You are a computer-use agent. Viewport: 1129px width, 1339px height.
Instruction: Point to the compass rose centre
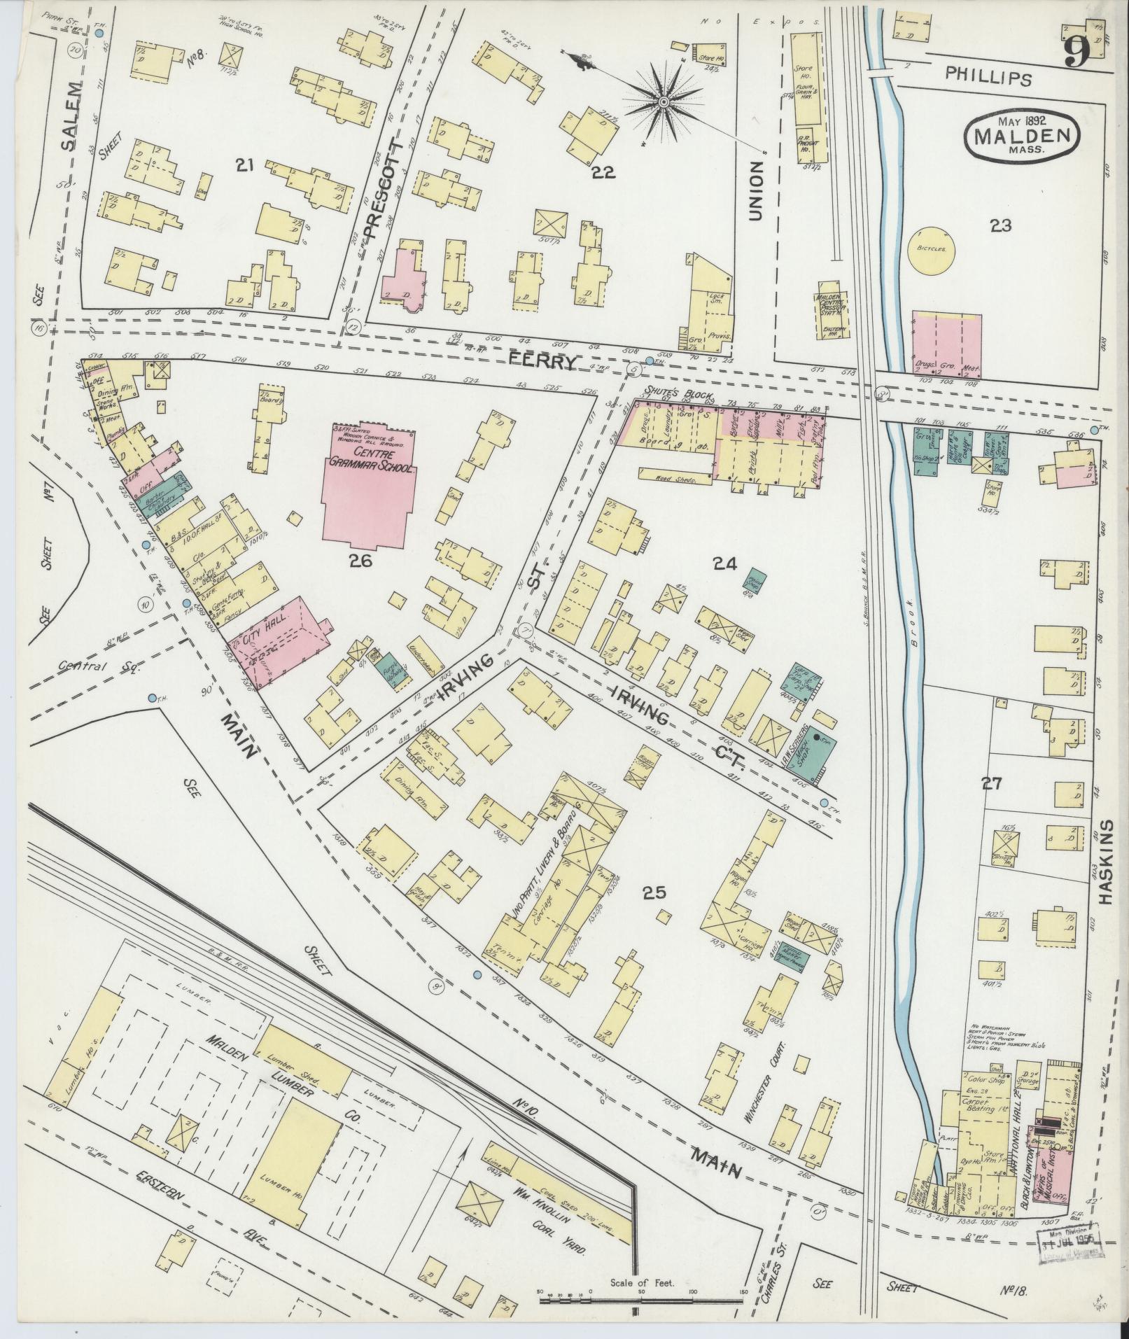coord(662,104)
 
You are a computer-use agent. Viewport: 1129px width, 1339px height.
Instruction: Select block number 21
coord(244,165)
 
